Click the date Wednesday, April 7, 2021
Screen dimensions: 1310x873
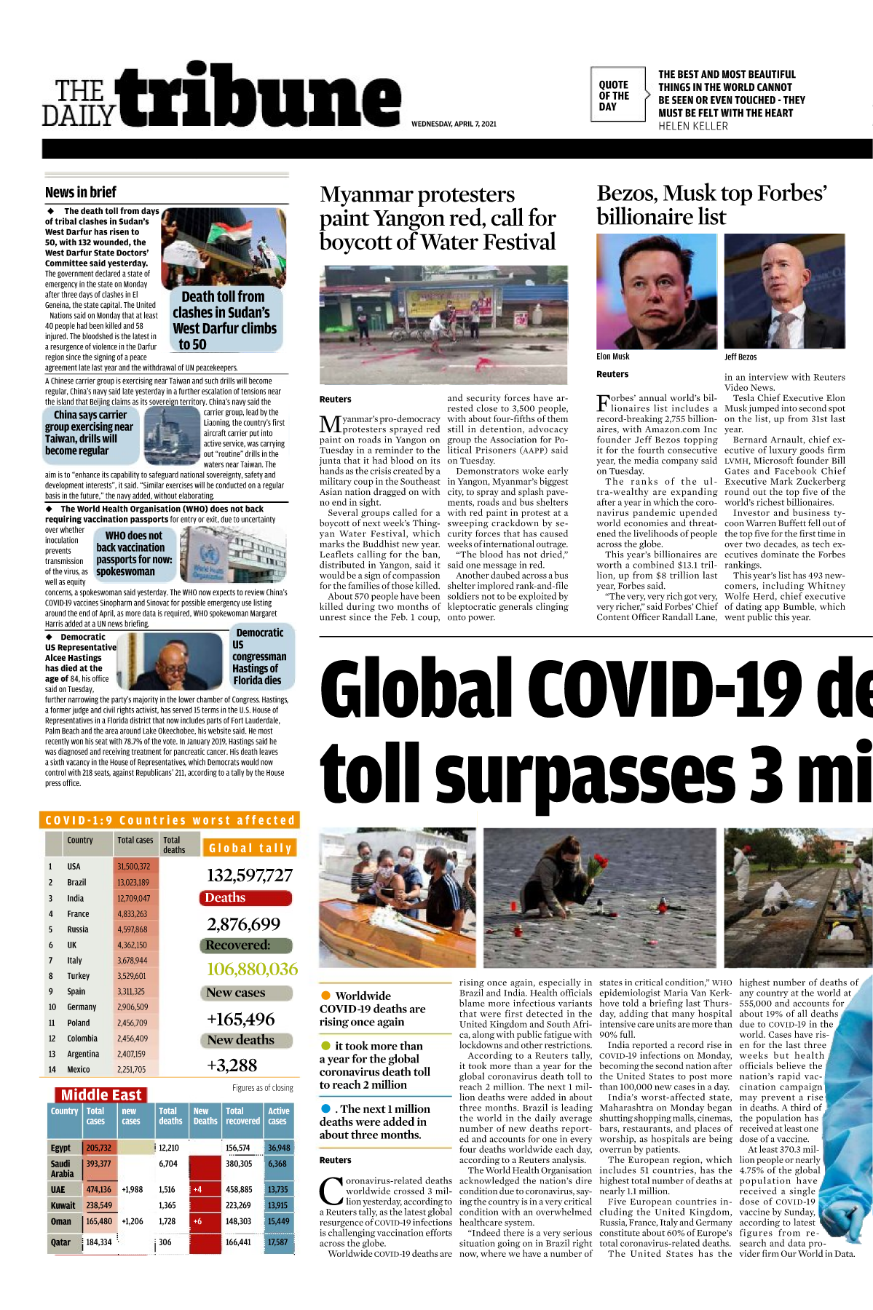pyautogui.click(x=454, y=124)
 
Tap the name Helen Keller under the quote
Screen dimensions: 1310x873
pyautogui.click(x=692, y=126)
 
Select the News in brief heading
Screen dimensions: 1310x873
pyautogui.click(x=81, y=192)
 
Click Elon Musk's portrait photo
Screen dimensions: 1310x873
pyautogui.click(x=656, y=291)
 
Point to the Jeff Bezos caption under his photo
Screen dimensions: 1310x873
pyautogui.click(x=740, y=357)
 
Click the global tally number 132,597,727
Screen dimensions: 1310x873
pyautogui.click(x=249, y=876)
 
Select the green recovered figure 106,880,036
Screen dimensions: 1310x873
pyautogui.click(x=252, y=969)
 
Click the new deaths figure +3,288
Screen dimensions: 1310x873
pyautogui.click(x=232, y=1065)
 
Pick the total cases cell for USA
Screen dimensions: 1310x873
pyautogui.click(x=134, y=867)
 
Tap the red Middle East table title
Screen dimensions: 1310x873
pyautogui.click(x=101, y=1095)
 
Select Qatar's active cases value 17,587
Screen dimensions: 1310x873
pyautogui.click(x=277, y=1242)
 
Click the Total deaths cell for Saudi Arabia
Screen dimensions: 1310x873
pyautogui.click(x=168, y=1164)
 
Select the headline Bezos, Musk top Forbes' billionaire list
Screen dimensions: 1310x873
pyautogui.click(x=711, y=205)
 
